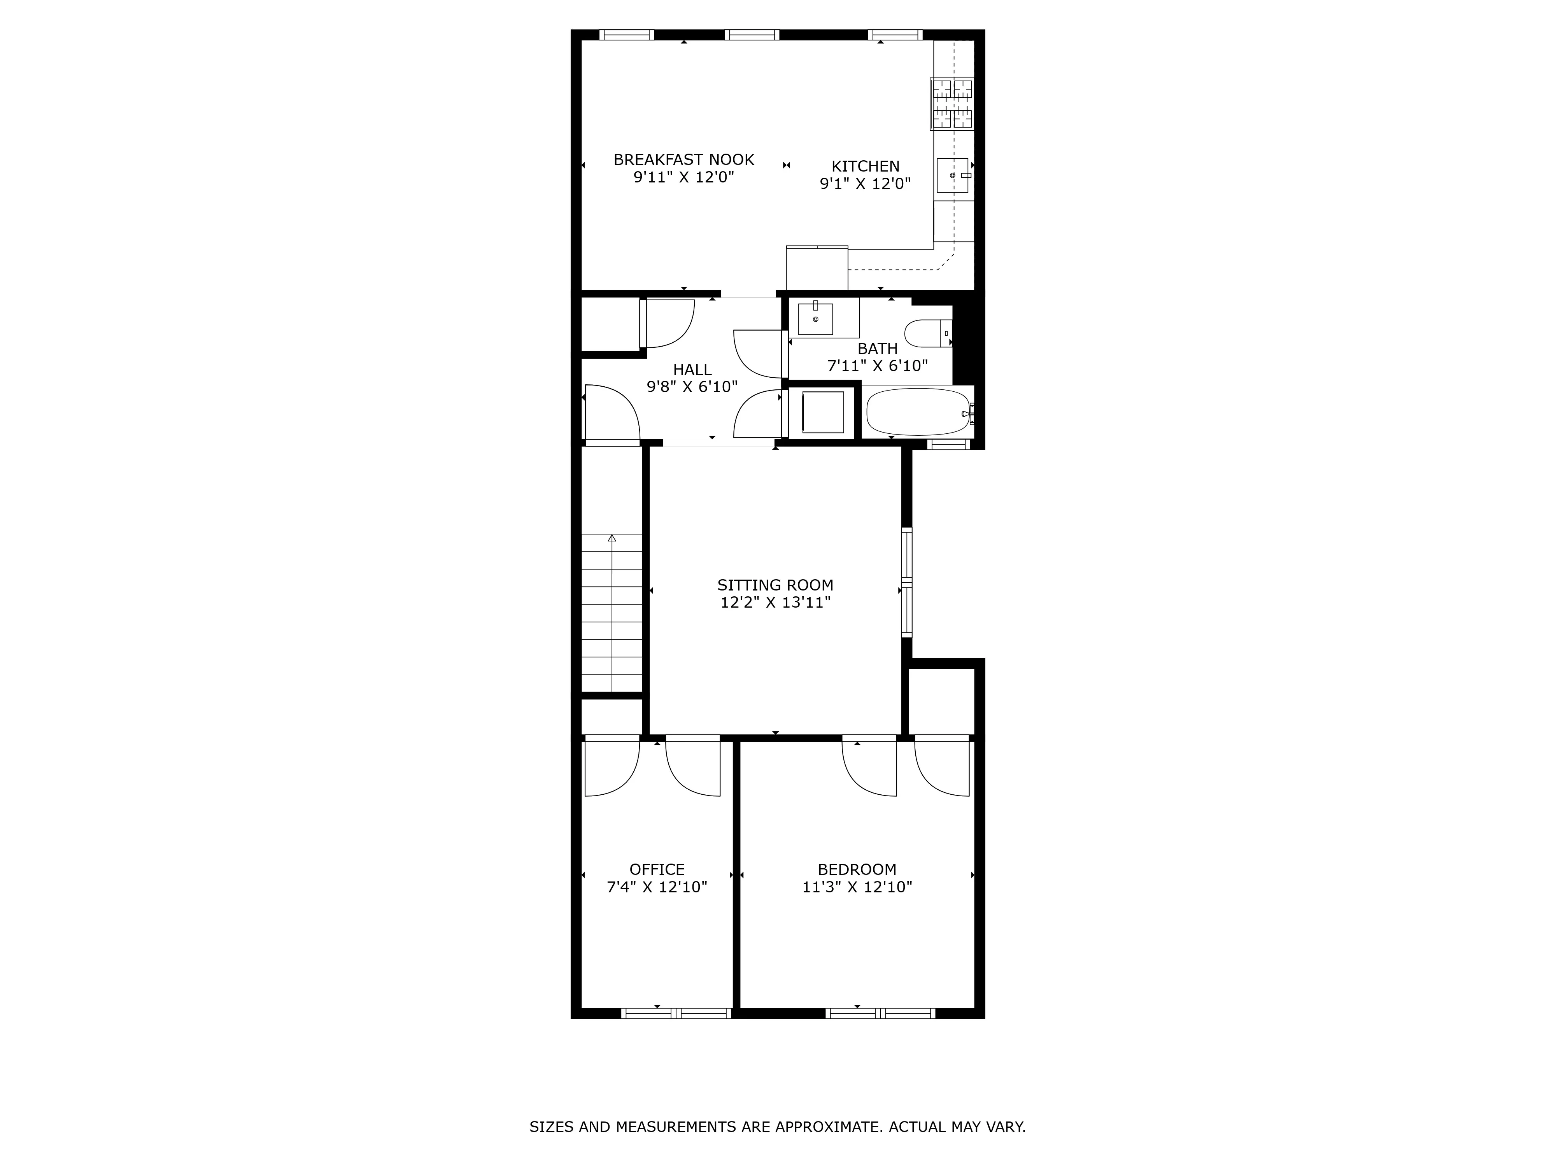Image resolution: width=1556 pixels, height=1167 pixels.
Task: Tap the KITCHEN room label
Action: tap(865, 166)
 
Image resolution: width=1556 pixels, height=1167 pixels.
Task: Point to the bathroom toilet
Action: tap(927, 333)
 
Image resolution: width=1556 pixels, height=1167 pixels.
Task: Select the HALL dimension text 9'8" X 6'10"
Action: tap(692, 386)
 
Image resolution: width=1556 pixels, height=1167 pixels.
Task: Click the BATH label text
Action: tap(877, 348)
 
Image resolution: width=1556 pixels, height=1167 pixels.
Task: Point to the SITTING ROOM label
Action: tap(775, 585)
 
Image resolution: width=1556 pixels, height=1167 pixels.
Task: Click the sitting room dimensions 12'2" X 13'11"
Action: tap(775, 602)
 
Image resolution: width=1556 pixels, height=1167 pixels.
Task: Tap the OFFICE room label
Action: tap(657, 869)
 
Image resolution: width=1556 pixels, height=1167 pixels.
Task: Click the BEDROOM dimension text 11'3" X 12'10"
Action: tap(857, 887)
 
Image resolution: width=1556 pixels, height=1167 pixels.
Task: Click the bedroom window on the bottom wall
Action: tap(880, 1014)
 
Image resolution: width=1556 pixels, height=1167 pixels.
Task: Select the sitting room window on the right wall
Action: tap(907, 582)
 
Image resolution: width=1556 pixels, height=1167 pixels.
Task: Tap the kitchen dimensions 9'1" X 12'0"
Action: tap(865, 184)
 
